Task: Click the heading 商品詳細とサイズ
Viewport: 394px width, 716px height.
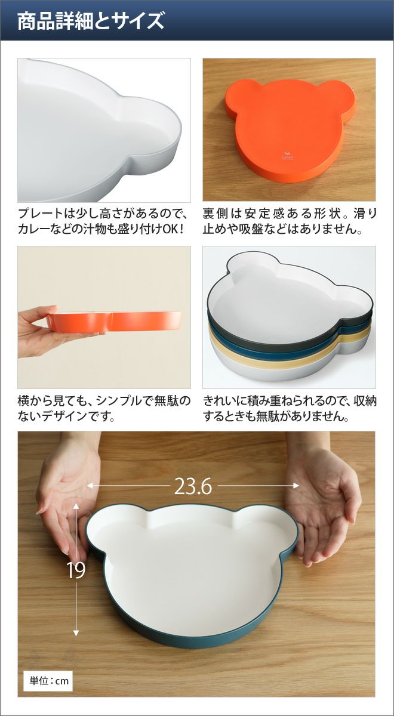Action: click(x=91, y=21)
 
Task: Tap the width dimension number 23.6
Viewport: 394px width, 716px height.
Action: click(x=193, y=486)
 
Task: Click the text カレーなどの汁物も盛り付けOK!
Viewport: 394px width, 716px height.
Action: click(x=101, y=229)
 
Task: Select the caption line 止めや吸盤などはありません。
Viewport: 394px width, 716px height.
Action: click(x=282, y=229)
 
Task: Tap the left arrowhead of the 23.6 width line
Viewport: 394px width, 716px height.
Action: click(x=90, y=486)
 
